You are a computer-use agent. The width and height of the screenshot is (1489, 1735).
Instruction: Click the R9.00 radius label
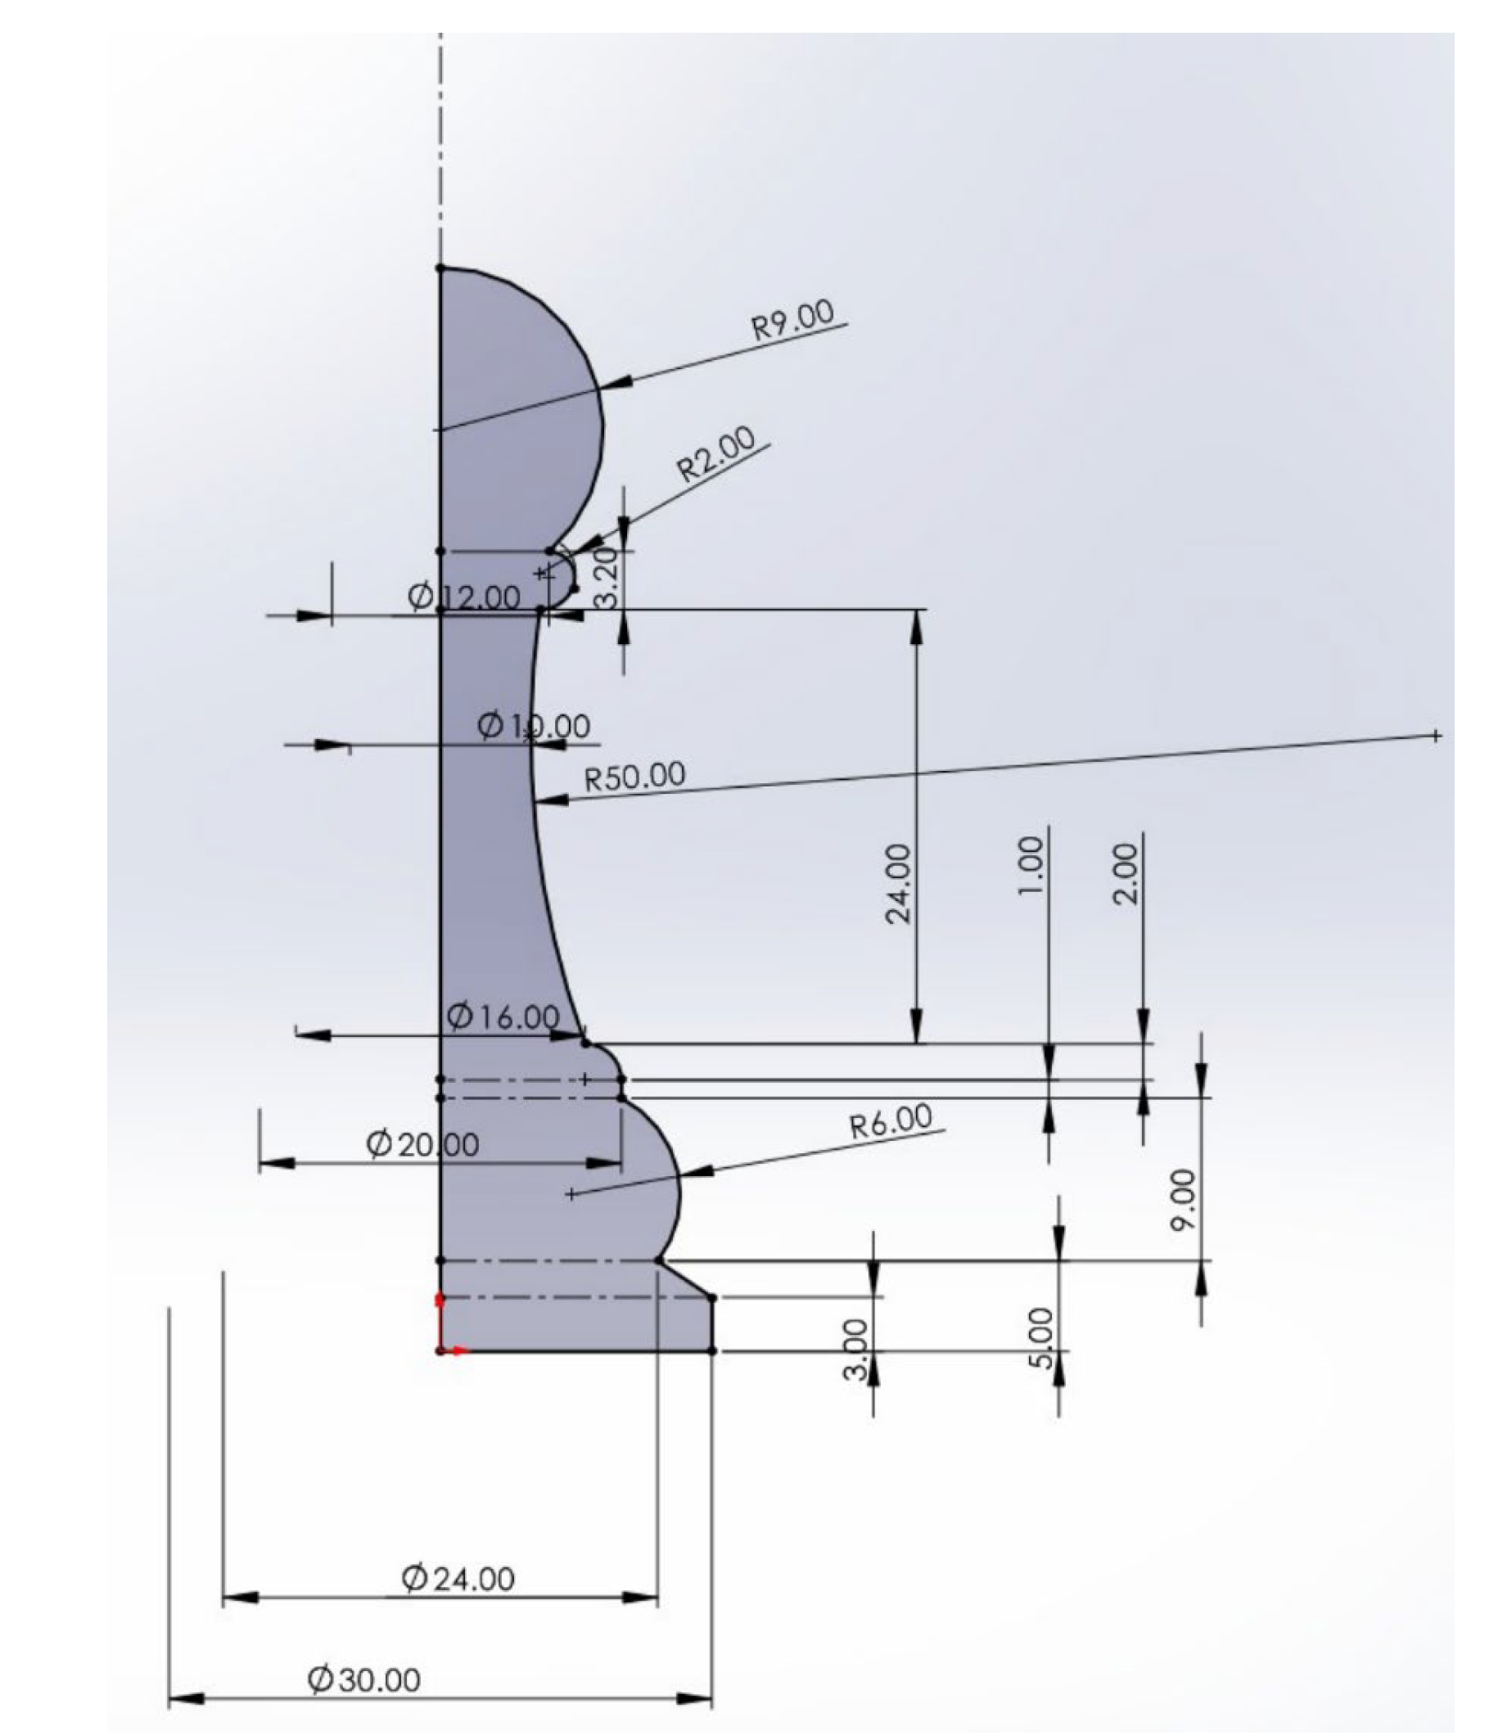[x=793, y=320]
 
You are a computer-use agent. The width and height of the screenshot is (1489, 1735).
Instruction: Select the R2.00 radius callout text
[x=716, y=454]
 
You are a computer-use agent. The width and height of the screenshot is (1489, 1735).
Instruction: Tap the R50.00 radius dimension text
[x=634, y=777]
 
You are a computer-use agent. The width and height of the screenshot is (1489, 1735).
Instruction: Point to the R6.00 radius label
[x=891, y=1120]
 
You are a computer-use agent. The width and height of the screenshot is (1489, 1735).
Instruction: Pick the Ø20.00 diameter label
[x=423, y=1144]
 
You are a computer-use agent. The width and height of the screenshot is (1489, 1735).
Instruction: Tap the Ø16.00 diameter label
[x=503, y=1016]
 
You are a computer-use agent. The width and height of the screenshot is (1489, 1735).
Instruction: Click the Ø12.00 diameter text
[x=464, y=597]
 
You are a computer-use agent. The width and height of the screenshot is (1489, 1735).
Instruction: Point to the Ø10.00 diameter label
[x=534, y=725]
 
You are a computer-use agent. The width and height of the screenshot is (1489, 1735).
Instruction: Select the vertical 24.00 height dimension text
[x=899, y=883]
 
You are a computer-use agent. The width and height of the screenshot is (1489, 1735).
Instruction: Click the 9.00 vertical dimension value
[x=1184, y=1201]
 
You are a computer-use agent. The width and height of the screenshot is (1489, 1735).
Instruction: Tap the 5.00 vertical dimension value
[x=1040, y=1338]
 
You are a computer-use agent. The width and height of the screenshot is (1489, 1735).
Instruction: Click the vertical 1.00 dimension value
[x=1031, y=867]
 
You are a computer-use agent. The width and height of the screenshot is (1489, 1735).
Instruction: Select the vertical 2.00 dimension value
[x=1128, y=873]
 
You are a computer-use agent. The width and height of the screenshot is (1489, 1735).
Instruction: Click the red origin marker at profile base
[x=441, y=1350]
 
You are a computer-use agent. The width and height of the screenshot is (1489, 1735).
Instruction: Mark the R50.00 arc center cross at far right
[x=1436, y=736]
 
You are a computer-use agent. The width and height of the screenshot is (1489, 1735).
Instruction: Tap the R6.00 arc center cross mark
[x=571, y=1194]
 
